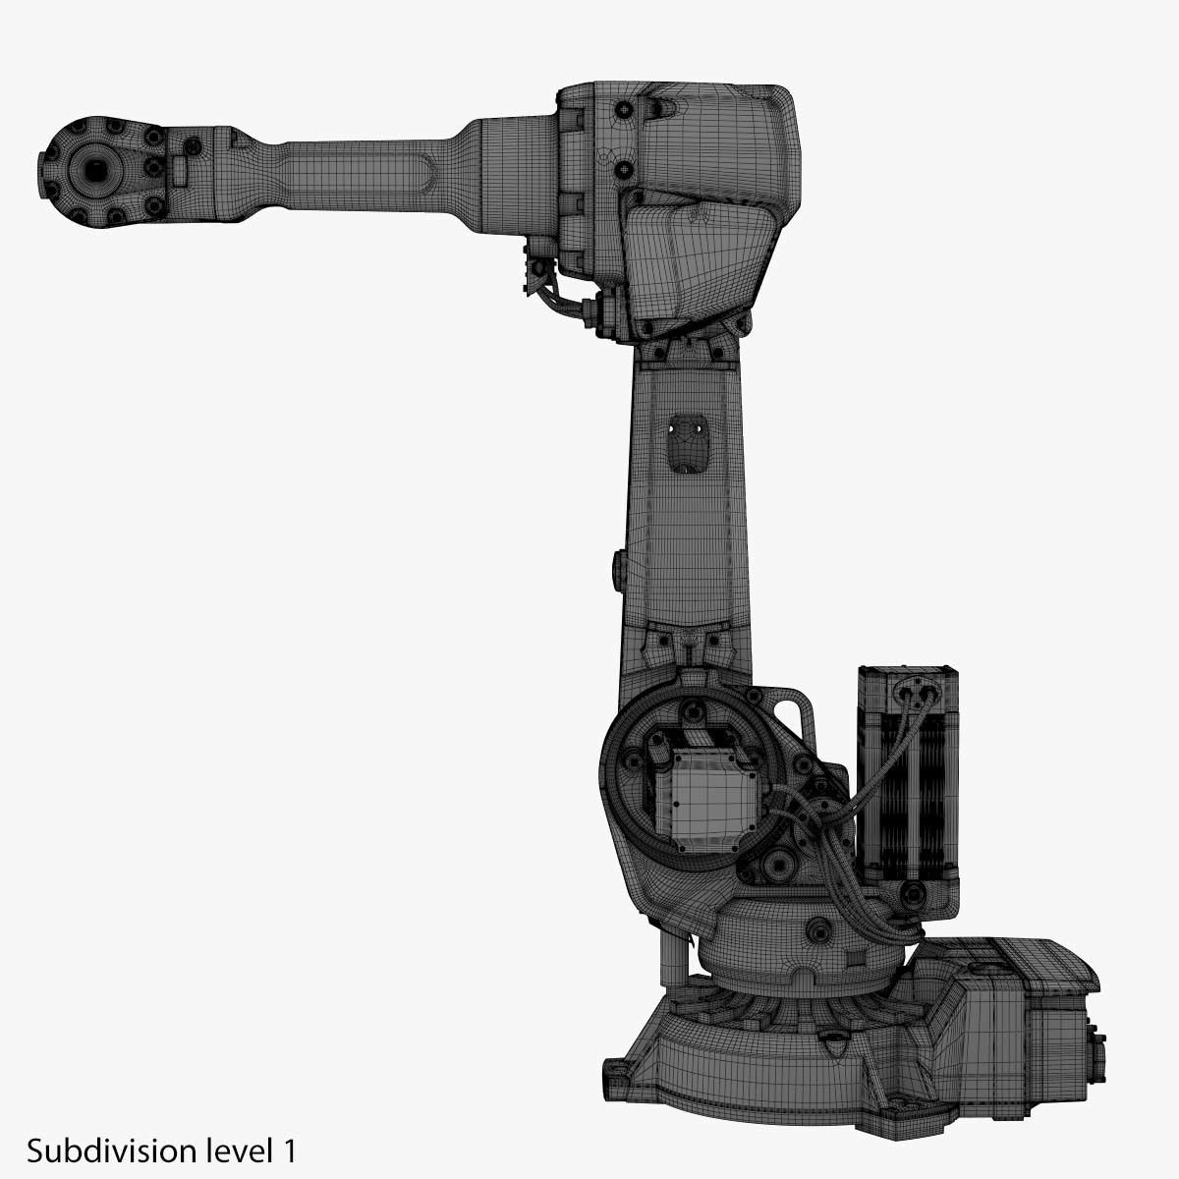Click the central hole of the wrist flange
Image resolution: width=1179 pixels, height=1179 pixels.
tap(96, 171)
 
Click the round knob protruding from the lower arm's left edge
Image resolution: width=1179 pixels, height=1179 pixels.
tap(618, 570)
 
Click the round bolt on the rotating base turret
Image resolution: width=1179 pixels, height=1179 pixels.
tap(815, 928)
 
